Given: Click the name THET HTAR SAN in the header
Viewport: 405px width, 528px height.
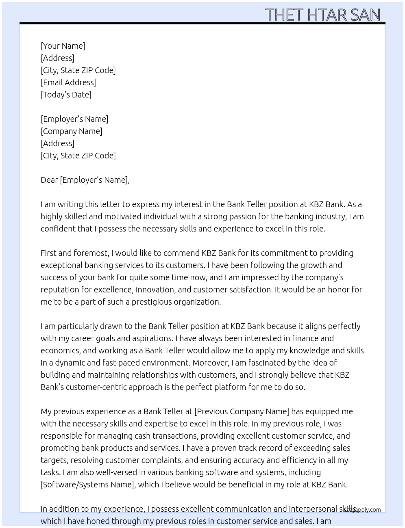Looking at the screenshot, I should [x=322, y=15].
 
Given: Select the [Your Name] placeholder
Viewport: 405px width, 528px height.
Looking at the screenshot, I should [x=63, y=46].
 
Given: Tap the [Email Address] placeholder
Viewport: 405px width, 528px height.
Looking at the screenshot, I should [x=68, y=82].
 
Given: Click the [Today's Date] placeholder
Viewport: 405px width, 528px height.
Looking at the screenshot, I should [x=66, y=95].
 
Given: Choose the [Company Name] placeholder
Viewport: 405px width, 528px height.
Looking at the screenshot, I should [x=71, y=131].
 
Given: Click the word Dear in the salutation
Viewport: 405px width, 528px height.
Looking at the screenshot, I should [x=49, y=180].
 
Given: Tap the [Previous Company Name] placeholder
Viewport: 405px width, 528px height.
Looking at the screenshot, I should [x=242, y=411].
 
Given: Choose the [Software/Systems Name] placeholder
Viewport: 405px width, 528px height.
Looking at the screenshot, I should [x=88, y=485].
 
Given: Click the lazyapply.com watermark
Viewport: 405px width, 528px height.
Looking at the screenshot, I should [x=363, y=510].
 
